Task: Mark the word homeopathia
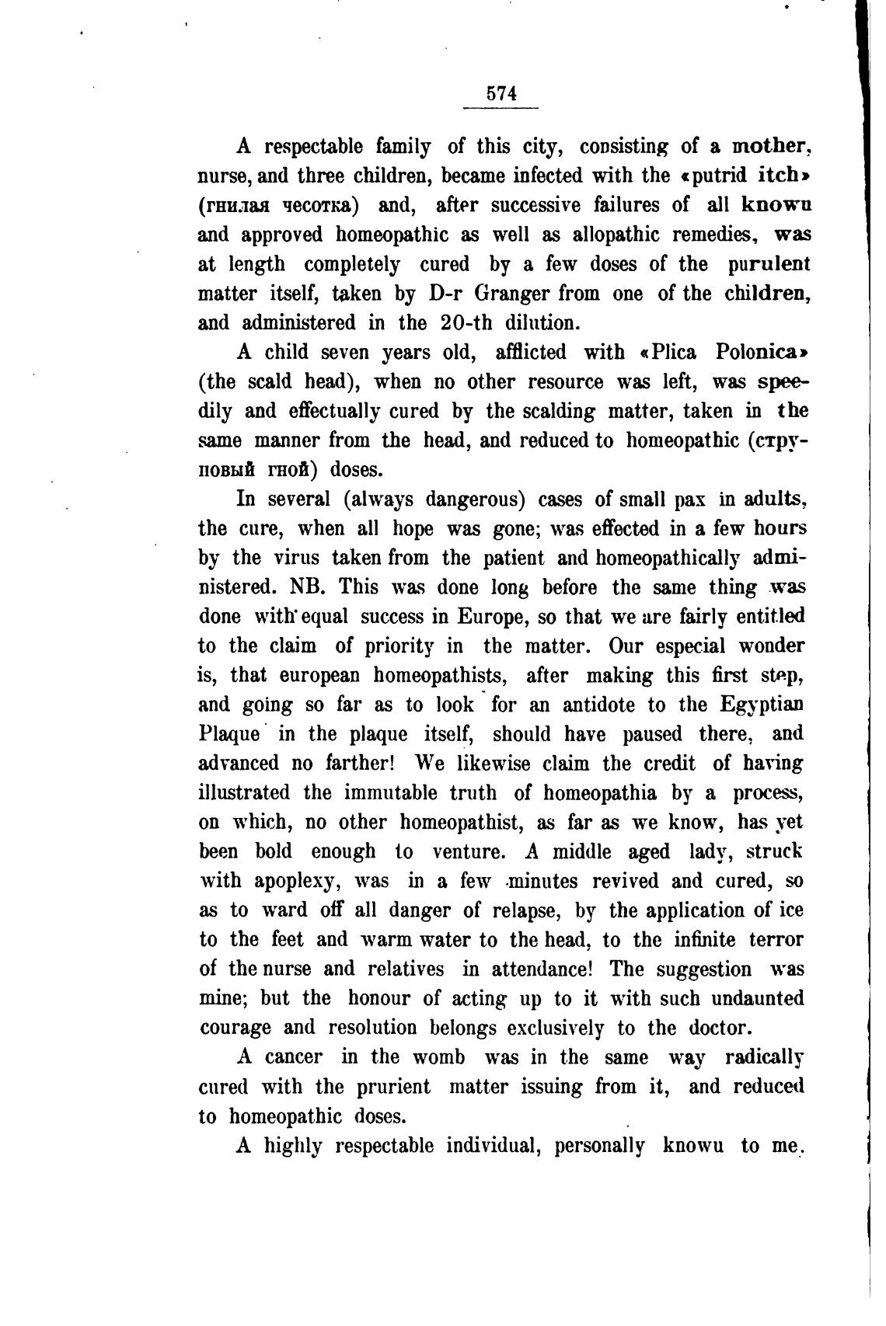pos(599,793)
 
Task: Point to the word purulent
pos(768,264)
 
